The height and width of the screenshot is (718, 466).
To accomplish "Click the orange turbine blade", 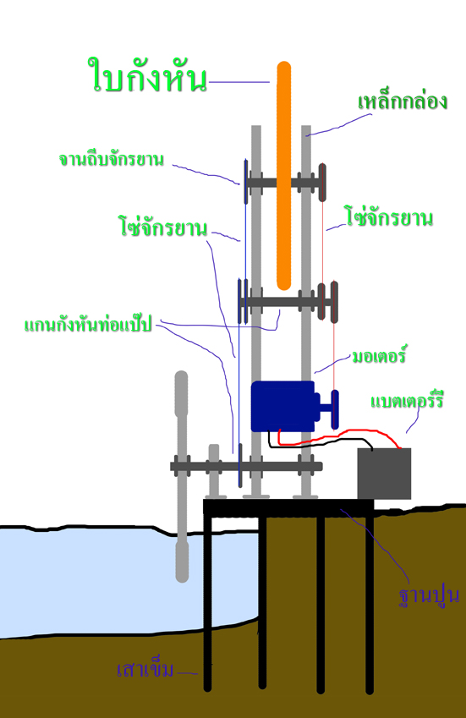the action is point(284,176).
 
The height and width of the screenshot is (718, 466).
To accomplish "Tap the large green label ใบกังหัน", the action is point(147,74).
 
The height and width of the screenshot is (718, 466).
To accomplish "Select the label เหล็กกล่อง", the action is point(403,101).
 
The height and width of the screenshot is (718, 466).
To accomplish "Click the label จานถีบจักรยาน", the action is point(112,159).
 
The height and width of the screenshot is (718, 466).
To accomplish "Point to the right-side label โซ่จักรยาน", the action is point(389,216).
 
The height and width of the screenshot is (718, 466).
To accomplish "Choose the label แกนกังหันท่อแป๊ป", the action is point(88,324).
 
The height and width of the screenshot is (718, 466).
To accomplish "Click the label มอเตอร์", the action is point(379,356).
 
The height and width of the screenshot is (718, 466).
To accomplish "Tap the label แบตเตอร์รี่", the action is point(407,400).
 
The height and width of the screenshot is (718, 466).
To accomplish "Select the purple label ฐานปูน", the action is point(429,595).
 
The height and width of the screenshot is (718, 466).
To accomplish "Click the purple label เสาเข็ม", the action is point(145,670).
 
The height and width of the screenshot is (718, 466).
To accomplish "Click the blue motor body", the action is point(282,406).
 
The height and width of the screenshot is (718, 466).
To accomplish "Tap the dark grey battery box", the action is point(384,474).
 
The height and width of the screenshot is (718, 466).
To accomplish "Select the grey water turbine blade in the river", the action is point(182,476).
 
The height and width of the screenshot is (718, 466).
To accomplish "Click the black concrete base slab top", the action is point(288,507).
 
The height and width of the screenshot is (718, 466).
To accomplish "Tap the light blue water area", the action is point(114,582).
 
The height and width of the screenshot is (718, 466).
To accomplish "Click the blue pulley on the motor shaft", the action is point(335,409).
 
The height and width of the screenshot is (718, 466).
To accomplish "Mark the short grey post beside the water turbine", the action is point(214,471).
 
